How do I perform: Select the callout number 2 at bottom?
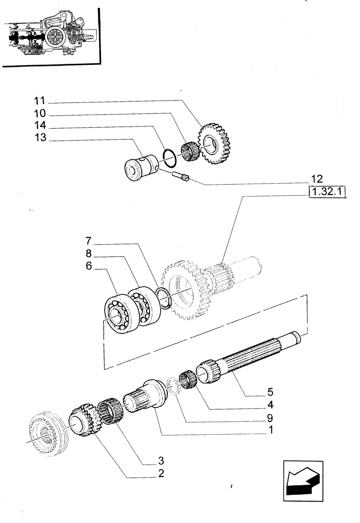pyautogui.click(x=162, y=474)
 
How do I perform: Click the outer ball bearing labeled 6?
pyautogui.click(x=118, y=314)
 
